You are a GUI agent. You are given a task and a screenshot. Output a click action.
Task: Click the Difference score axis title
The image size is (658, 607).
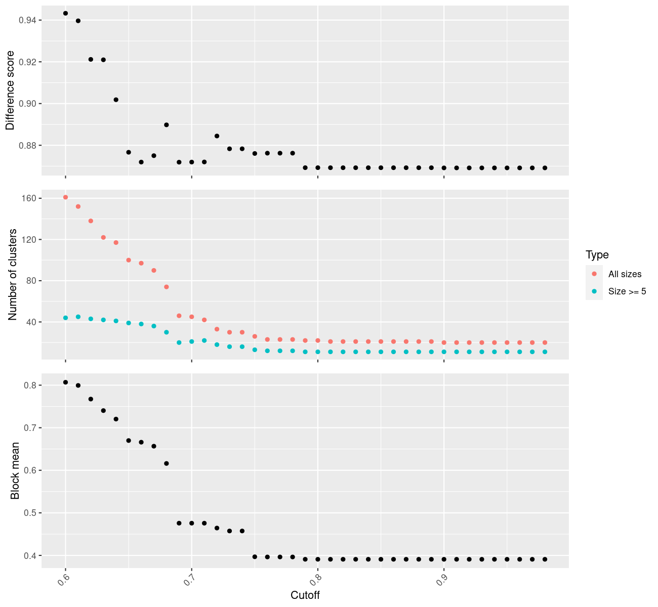point(10,91)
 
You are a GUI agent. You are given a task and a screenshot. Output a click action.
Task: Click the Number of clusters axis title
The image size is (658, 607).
point(13,275)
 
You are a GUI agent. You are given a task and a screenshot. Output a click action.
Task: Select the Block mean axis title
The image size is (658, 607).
point(15,470)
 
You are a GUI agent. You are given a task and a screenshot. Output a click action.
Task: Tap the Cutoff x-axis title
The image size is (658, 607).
point(305,595)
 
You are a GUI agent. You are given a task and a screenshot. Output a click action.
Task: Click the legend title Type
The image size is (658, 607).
point(597,255)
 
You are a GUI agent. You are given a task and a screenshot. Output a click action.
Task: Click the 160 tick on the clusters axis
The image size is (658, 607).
point(29,198)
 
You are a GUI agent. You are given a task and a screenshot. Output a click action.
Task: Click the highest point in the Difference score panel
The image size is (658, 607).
point(65,13)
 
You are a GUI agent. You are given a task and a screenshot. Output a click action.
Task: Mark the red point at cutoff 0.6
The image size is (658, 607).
point(65,197)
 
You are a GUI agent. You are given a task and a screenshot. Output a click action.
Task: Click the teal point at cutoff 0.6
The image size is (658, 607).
point(65,318)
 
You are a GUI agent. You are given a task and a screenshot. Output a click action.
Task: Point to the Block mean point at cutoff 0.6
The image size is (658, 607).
point(65,382)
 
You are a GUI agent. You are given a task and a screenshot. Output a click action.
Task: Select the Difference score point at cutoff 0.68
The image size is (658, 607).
point(167,124)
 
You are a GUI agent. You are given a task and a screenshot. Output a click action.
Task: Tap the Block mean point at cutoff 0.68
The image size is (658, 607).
point(167,463)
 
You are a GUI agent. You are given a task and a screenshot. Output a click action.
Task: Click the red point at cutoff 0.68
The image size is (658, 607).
point(167,287)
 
